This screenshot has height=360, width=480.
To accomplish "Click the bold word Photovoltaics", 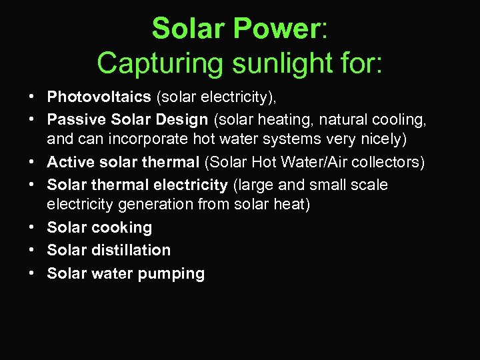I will [x=99, y=97].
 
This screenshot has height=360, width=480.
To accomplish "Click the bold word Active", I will [x=70, y=162].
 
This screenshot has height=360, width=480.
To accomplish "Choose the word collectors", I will [x=387, y=162].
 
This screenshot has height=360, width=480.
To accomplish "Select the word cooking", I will [x=122, y=228].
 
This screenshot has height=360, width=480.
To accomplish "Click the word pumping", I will [x=175, y=273].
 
